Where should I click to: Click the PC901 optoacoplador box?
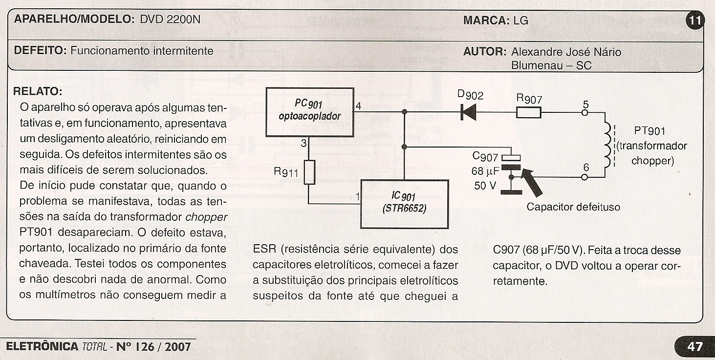309,111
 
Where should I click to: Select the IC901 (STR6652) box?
404,204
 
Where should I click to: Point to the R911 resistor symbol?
309,172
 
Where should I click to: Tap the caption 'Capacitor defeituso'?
573,207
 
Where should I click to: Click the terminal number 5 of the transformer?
586,104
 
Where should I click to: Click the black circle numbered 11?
694,21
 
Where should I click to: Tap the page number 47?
694,347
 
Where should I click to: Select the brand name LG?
520,21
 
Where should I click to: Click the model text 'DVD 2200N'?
170,20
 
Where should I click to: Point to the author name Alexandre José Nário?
566,52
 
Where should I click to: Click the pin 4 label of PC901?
359,106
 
